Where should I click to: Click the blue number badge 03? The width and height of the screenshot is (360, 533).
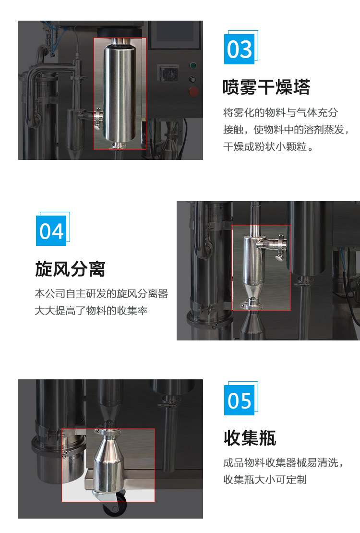click(x=240, y=49)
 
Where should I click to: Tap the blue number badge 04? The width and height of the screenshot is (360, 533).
click(x=51, y=231)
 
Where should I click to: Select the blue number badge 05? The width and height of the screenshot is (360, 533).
click(x=240, y=400)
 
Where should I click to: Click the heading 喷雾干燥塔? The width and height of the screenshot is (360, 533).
click(x=266, y=87)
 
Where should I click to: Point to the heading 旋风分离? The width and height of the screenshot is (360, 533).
click(x=70, y=269)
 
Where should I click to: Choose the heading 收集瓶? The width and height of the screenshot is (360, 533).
click(x=250, y=438)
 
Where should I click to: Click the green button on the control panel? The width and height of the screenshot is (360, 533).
click(x=193, y=66)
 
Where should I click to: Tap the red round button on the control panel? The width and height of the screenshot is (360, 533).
click(x=193, y=91)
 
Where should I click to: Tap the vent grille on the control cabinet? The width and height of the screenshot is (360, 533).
click(x=168, y=73)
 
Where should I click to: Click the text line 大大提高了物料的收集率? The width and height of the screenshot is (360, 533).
click(x=91, y=310)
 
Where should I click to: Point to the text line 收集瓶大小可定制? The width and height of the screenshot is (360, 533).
click(x=265, y=480)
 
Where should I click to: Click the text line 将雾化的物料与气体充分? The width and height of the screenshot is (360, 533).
click(x=280, y=112)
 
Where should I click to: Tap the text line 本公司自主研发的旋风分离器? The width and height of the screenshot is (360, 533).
click(x=101, y=293)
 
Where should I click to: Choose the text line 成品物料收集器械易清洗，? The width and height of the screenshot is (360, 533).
click(x=283, y=462)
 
